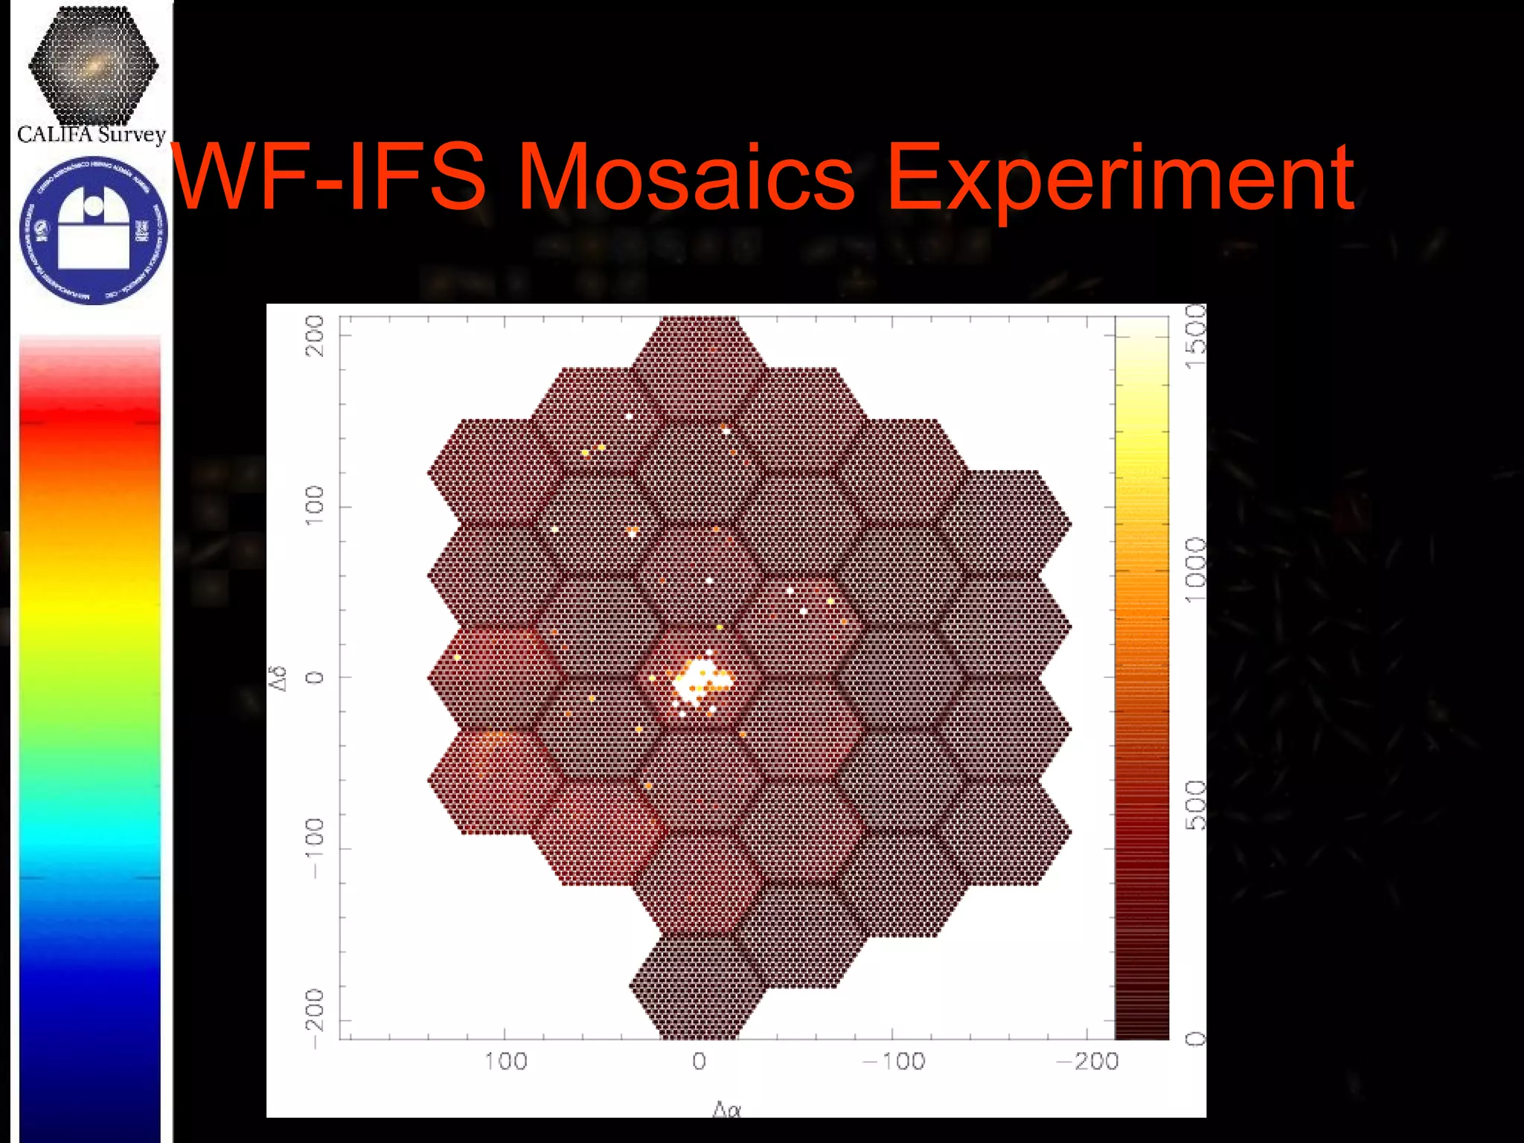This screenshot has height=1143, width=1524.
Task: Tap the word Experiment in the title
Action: pyautogui.click(x=1120, y=179)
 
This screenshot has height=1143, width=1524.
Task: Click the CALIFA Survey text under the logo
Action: pyautogui.click(x=91, y=135)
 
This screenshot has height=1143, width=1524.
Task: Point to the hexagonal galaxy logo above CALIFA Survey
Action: pyautogui.click(x=93, y=65)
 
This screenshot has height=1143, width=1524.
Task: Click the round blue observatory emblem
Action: pyautogui.click(x=93, y=229)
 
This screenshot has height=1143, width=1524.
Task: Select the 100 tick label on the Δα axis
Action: pyautogui.click(x=505, y=1061)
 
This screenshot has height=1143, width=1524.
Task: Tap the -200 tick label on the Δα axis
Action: pyautogui.click(x=1088, y=1061)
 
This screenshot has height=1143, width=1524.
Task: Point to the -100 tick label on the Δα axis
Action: pyautogui.click(x=894, y=1061)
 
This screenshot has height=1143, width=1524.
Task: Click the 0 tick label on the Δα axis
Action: pyautogui.click(x=699, y=1061)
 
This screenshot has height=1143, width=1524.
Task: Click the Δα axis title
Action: pyautogui.click(x=727, y=1110)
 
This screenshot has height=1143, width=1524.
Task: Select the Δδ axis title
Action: pyautogui.click(x=279, y=678)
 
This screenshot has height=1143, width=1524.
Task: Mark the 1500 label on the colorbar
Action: pyautogui.click(x=1195, y=336)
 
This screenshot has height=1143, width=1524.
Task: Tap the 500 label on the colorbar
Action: pyautogui.click(x=1195, y=805)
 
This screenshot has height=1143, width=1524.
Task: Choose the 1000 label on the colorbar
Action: pyautogui.click(x=1195, y=570)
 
